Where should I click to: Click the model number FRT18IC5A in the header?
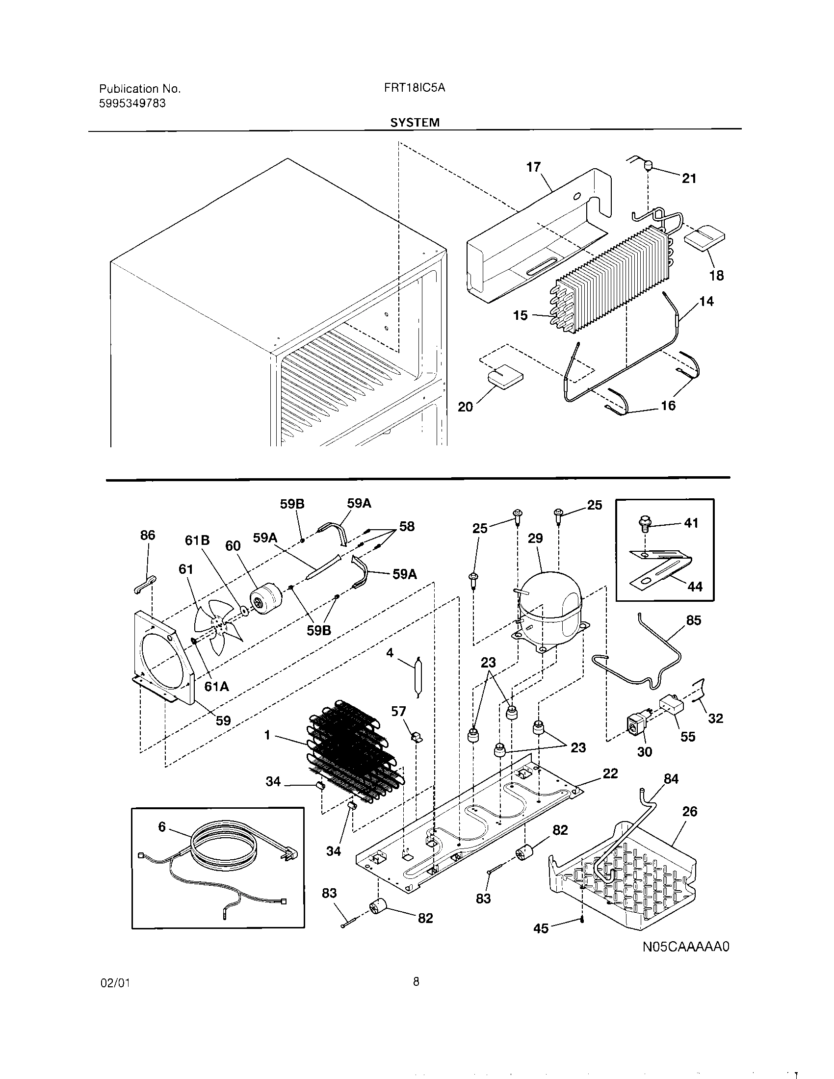pos(415,88)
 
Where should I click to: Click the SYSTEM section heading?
pos(415,123)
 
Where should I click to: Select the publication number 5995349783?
pos(132,103)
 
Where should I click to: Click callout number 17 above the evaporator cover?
pos(533,167)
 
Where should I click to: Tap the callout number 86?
pos(147,535)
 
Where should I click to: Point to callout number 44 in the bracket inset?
pos(694,587)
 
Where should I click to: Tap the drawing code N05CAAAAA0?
pos(686,947)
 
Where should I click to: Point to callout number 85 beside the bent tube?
pos(693,620)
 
